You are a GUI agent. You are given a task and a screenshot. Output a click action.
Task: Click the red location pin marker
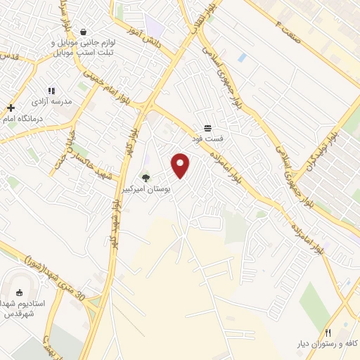click(181, 165)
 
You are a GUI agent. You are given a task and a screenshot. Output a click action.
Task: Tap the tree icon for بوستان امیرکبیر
click(146, 179)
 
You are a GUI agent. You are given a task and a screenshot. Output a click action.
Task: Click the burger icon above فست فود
click(208, 128)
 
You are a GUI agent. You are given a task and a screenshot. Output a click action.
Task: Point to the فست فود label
click(208, 139)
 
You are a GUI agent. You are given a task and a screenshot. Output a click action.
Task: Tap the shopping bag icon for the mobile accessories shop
click(84, 32)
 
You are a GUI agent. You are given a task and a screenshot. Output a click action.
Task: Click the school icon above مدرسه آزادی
click(51, 91)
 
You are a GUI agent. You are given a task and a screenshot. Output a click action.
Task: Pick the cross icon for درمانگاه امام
click(11, 108)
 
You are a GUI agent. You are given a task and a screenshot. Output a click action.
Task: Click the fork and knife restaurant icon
click(328, 333)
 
